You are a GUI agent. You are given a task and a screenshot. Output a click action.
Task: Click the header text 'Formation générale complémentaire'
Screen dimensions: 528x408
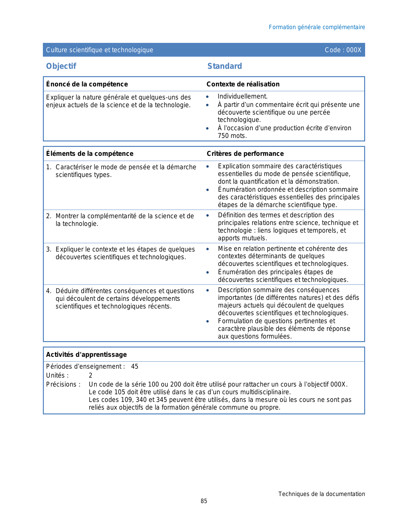point(316,27)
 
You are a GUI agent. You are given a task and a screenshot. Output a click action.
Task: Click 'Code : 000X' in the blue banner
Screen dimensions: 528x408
point(343,50)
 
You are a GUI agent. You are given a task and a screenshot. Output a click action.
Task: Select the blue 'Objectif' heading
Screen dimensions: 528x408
point(61,66)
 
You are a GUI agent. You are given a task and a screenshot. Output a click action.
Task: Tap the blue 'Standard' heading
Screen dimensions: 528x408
point(225,66)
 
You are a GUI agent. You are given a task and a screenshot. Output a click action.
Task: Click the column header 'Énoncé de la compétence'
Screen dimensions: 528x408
point(87,84)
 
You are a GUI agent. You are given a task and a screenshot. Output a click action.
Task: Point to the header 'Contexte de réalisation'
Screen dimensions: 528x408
point(243,84)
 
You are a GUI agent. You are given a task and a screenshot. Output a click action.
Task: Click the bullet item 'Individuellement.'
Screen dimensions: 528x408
point(243,96)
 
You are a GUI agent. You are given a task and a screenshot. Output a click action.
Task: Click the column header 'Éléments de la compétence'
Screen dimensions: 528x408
point(90,154)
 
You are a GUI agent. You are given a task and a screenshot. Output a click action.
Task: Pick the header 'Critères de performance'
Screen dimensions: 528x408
point(245,154)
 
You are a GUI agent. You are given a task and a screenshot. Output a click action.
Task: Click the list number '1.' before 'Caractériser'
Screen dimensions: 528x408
point(49,167)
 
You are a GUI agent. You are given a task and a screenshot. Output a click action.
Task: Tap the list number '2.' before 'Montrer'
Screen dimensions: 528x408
point(49,216)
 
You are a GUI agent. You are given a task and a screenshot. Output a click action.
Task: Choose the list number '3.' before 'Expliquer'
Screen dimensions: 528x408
point(49,250)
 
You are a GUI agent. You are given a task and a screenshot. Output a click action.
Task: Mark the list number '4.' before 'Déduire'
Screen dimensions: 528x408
point(49,291)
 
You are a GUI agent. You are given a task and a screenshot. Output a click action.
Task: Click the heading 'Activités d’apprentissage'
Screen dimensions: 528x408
point(86,355)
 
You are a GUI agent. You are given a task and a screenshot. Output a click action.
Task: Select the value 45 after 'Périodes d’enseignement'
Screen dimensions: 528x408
point(135,367)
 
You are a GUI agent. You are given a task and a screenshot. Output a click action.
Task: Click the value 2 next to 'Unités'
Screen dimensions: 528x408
point(91,376)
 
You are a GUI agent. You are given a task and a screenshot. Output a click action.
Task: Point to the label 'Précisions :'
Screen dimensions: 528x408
point(63,385)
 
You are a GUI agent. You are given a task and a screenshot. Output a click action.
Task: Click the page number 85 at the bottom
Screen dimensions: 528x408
point(204,501)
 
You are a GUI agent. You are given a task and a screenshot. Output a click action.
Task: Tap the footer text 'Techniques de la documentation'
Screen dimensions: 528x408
point(321,494)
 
